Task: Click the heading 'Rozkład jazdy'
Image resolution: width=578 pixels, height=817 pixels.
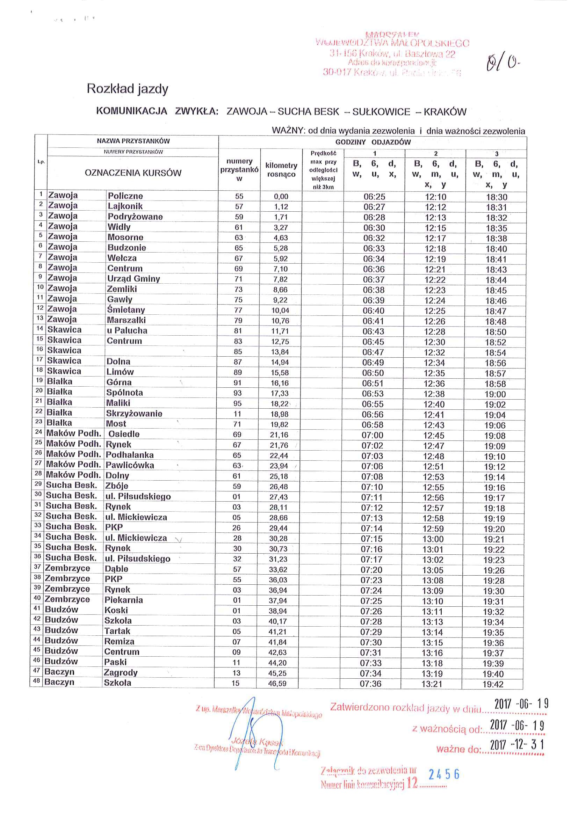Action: pyautogui.click(x=128, y=89)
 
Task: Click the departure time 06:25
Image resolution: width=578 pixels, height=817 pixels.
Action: pyautogui.click(x=374, y=196)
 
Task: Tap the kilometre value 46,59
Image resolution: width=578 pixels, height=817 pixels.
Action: pyautogui.click(x=277, y=683)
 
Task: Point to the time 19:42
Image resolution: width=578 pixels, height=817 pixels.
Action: pyautogui.click(x=493, y=684)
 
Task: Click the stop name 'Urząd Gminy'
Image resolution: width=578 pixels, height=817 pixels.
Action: pyautogui.click(x=133, y=279)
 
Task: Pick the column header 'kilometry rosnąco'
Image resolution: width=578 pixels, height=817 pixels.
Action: pyautogui.click(x=281, y=170)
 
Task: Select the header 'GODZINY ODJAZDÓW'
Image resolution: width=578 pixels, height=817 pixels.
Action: pyautogui.click(x=373, y=142)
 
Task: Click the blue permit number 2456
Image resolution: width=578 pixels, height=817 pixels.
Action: pyautogui.click(x=444, y=774)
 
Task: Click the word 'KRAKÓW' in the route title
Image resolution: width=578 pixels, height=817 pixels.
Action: pyautogui.click(x=445, y=112)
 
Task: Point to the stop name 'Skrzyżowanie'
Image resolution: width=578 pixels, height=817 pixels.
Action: pyautogui.click(x=134, y=414)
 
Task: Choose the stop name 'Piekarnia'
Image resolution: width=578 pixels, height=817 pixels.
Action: pyautogui.click(x=123, y=600)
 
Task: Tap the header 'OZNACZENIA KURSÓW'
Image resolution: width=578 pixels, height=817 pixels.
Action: pyautogui.click(x=133, y=173)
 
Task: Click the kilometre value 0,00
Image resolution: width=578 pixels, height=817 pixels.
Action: pyautogui.click(x=281, y=196)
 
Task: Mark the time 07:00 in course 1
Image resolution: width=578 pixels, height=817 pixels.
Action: pyautogui.click(x=372, y=435)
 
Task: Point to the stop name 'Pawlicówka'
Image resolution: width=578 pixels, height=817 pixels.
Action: pyautogui.click(x=130, y=465)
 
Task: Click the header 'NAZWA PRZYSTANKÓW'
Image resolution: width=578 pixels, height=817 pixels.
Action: pyautogui.click(x=133, y=141)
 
